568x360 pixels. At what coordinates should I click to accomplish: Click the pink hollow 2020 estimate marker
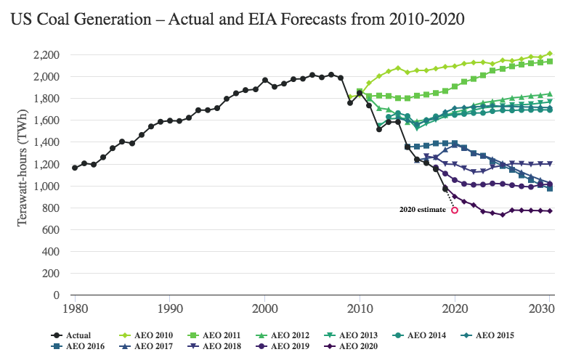(x=455, y=210)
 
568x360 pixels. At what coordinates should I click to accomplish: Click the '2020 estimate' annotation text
(x=422, y=210)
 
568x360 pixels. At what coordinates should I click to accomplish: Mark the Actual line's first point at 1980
(x=75, y=168)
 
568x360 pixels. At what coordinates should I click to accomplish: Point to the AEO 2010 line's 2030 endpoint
(x=550, y=53)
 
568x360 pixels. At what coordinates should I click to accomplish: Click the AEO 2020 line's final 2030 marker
(x=550, y=211)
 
